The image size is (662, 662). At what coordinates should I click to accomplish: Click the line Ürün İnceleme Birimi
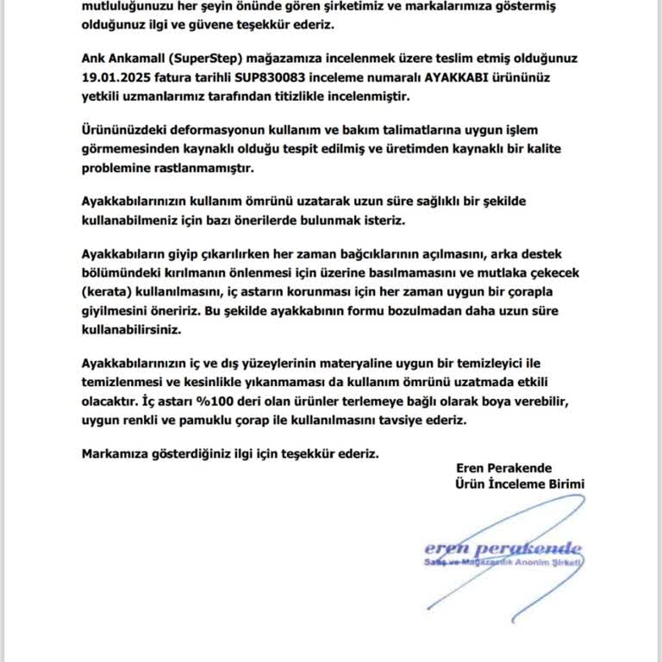pos(520,484)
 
